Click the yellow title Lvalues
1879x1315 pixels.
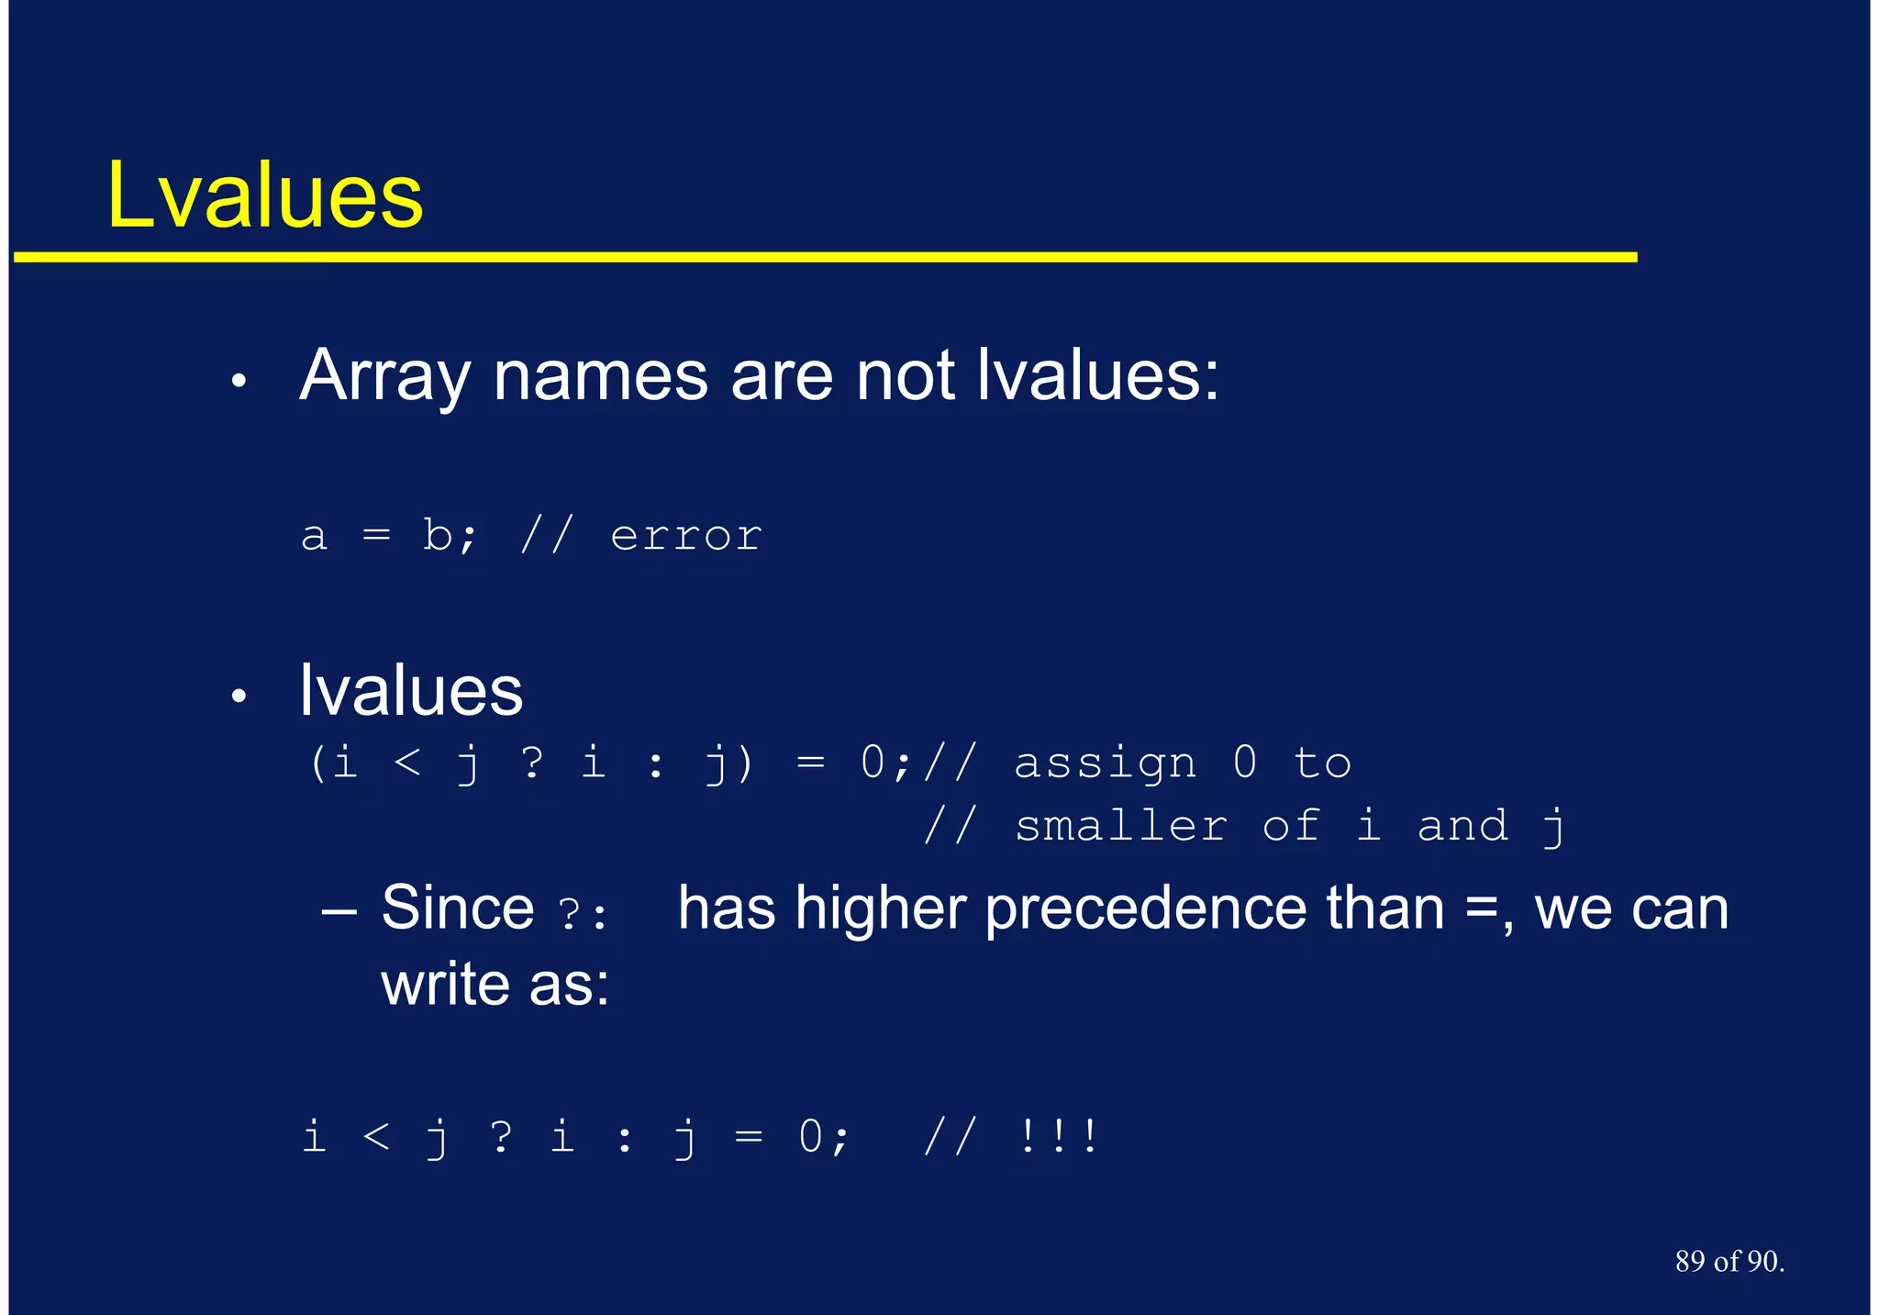[265, 195]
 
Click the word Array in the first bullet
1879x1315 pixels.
[384, 376]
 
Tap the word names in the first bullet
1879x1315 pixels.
[600, 376]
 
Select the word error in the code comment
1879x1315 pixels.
[685, 536]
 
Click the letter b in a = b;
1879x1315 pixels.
[437, 534]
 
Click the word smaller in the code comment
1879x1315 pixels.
[1120, 826]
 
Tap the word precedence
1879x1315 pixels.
[1145, 909]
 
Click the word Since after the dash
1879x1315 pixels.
[457, 908]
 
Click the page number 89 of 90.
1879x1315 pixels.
[1729, 1262]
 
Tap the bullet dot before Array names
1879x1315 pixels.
[239, 381]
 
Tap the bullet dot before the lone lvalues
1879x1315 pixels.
[239, 697]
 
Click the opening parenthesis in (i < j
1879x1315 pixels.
[317, 763]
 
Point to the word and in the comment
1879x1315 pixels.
[1462, 826]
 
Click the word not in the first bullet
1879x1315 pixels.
[905, 376]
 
